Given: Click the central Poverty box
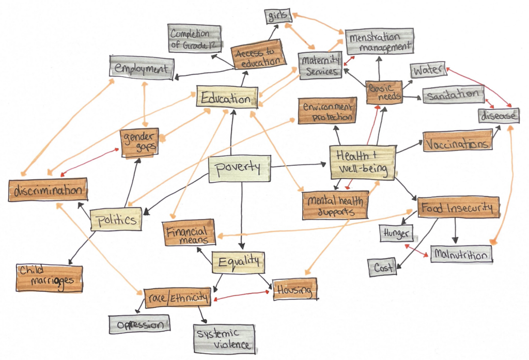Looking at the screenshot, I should point(239,169).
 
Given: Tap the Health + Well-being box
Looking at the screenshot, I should point(362,162).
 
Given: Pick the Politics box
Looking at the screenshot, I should point(116,220).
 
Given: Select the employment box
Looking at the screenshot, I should point(142,68).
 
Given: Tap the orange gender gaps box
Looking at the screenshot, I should point(139,142).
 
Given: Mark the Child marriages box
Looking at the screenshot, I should point(49,277).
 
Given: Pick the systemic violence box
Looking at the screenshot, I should point(225,339).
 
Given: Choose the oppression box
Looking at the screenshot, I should point(139,324).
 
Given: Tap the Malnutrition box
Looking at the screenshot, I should point(460,255).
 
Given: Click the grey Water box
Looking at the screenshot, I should point(428,70).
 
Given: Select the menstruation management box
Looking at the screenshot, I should point(379,42).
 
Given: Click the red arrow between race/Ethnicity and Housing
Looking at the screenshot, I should point(242,295).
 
